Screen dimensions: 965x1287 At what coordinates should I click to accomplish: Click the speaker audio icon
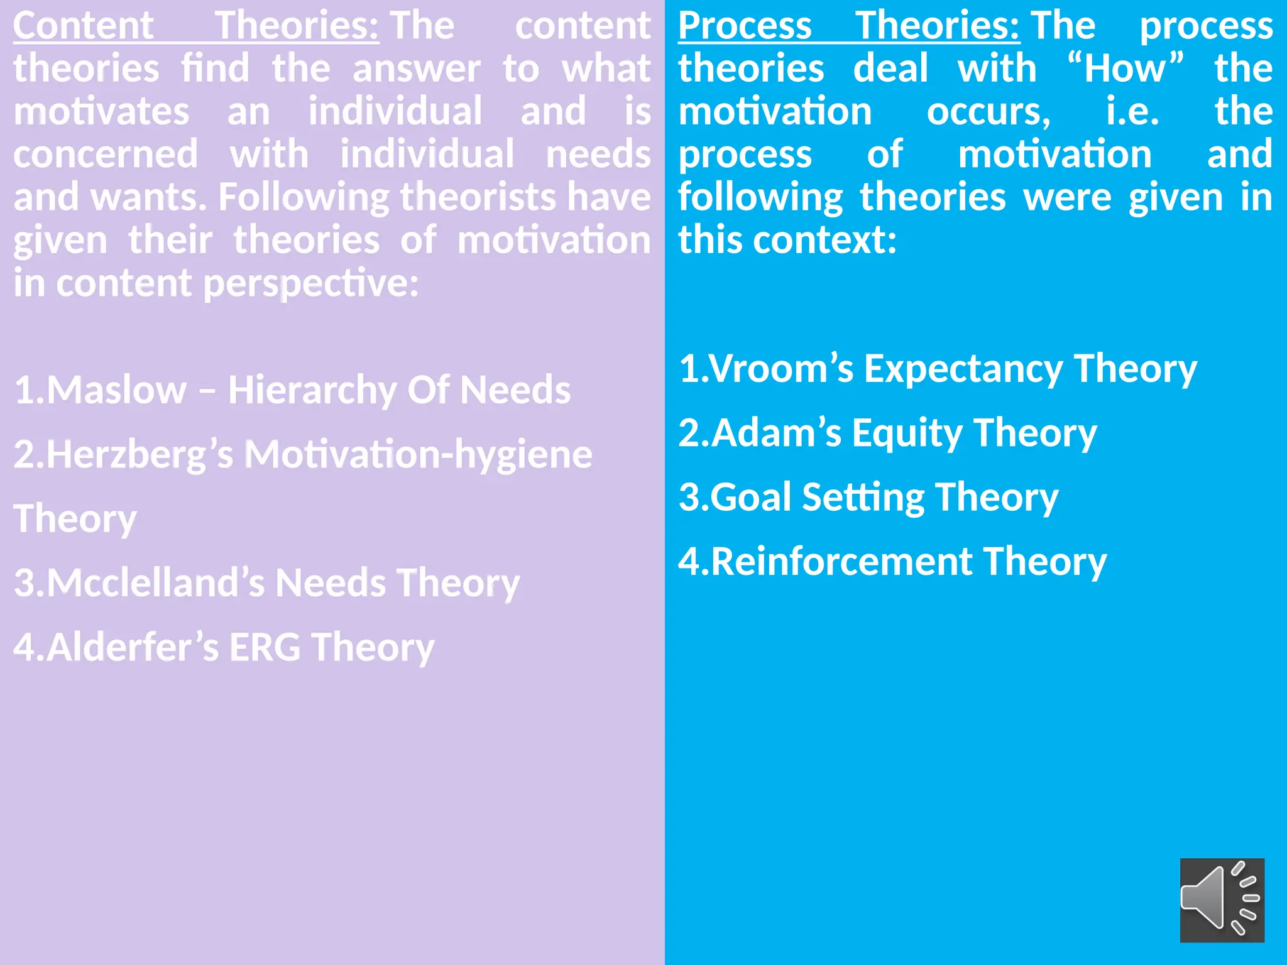click(x=1222, y=900)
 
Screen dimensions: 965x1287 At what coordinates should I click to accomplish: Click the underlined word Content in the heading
click(x=83, y=26)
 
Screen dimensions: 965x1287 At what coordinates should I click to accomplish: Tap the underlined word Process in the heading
click(x=745, y=26)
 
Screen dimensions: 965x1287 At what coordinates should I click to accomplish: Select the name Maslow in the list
click(x=117, y=390)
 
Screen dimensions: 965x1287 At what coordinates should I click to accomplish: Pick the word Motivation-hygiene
click(x=418, y=455)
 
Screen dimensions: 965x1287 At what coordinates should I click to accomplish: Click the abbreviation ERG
click(x=265, y=647)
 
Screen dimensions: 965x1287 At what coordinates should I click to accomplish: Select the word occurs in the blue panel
click(x=988, y=112)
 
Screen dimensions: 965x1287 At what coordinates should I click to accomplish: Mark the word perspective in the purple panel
click(x=310, y=284)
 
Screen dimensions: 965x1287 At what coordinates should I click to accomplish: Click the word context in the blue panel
click(x=824, y=241)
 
